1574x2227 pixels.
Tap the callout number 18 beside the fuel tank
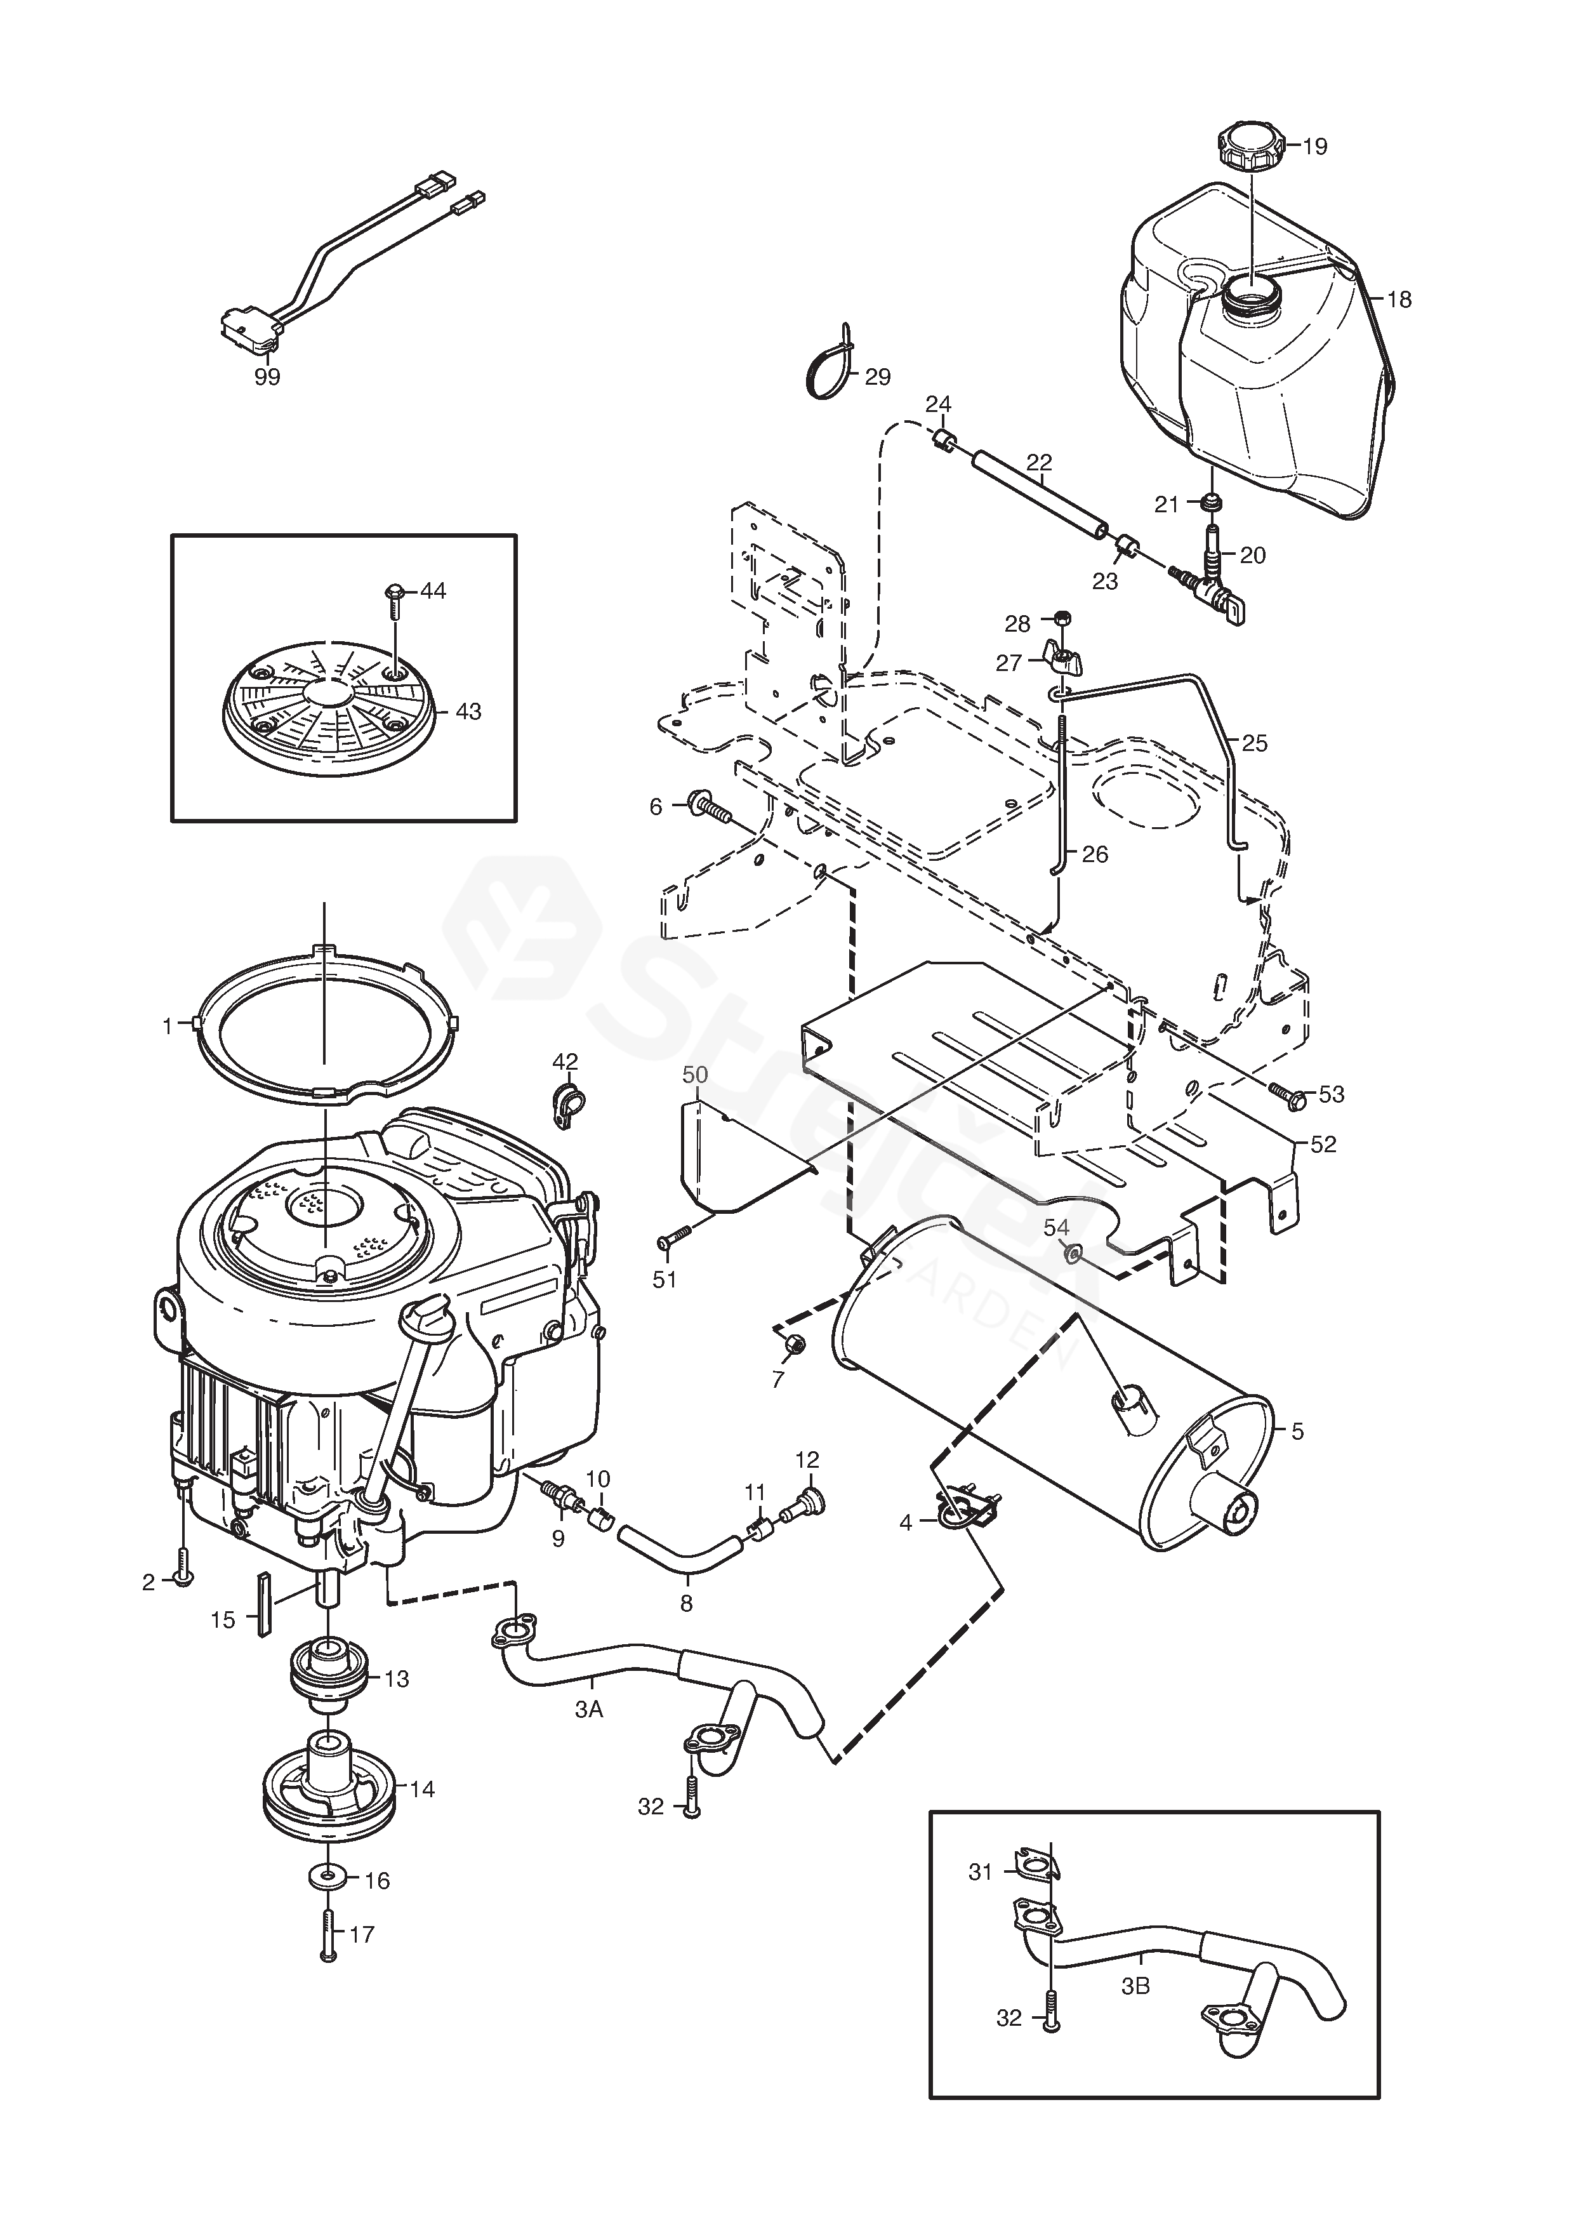click(x=1398, y=300)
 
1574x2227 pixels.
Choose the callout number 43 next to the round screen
click(x=468, y=712)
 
